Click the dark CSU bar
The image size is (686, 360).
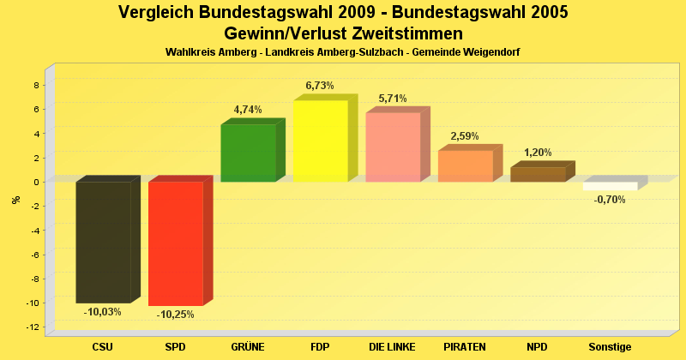(x=103, y=242)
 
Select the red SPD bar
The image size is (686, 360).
(x=176, y=243)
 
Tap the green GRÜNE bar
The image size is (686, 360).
(x=248, y=153)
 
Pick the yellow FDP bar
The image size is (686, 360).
(x=320, y=141)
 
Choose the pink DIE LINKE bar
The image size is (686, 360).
(x=393, y=147)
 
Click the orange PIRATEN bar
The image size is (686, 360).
(x=465, y=165)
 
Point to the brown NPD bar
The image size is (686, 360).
(x=538, y=174)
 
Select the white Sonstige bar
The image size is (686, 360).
(x=610, y=186)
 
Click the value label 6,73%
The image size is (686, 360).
(x=320, y=86)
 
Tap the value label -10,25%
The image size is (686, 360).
(x=176, y=315)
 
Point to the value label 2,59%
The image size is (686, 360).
(x=465, y=136)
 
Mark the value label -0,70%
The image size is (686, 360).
(x=610, y=200)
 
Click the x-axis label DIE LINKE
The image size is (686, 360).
(x=392, y=347)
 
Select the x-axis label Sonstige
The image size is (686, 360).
(x=610, y=347)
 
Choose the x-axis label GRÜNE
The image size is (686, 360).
(x=248, y=347)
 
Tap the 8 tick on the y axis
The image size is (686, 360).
(x=36, y=85)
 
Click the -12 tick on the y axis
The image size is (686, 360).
(x=34, y=327)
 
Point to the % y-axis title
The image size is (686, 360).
(x=15, y=200)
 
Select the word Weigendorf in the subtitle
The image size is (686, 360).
(x=493, y=52)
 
